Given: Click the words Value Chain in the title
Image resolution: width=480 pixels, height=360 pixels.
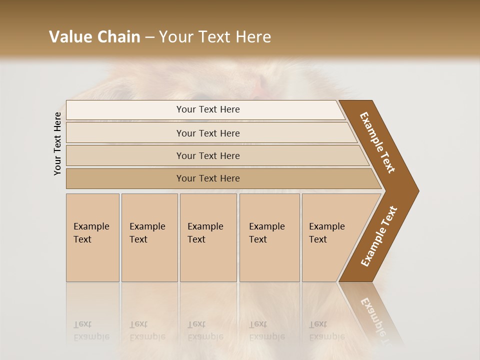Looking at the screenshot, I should coord(94,37).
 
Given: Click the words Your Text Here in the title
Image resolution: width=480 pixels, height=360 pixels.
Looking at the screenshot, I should coord(215,37).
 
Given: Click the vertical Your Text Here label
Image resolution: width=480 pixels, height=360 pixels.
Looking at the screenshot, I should coord(57,143).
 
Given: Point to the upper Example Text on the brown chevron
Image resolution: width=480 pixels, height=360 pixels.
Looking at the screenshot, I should coord(377,142).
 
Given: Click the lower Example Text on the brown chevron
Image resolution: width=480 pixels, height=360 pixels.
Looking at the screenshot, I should coord(378,236).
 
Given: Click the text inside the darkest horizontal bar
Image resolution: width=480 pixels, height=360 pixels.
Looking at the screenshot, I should coord(208,178).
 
